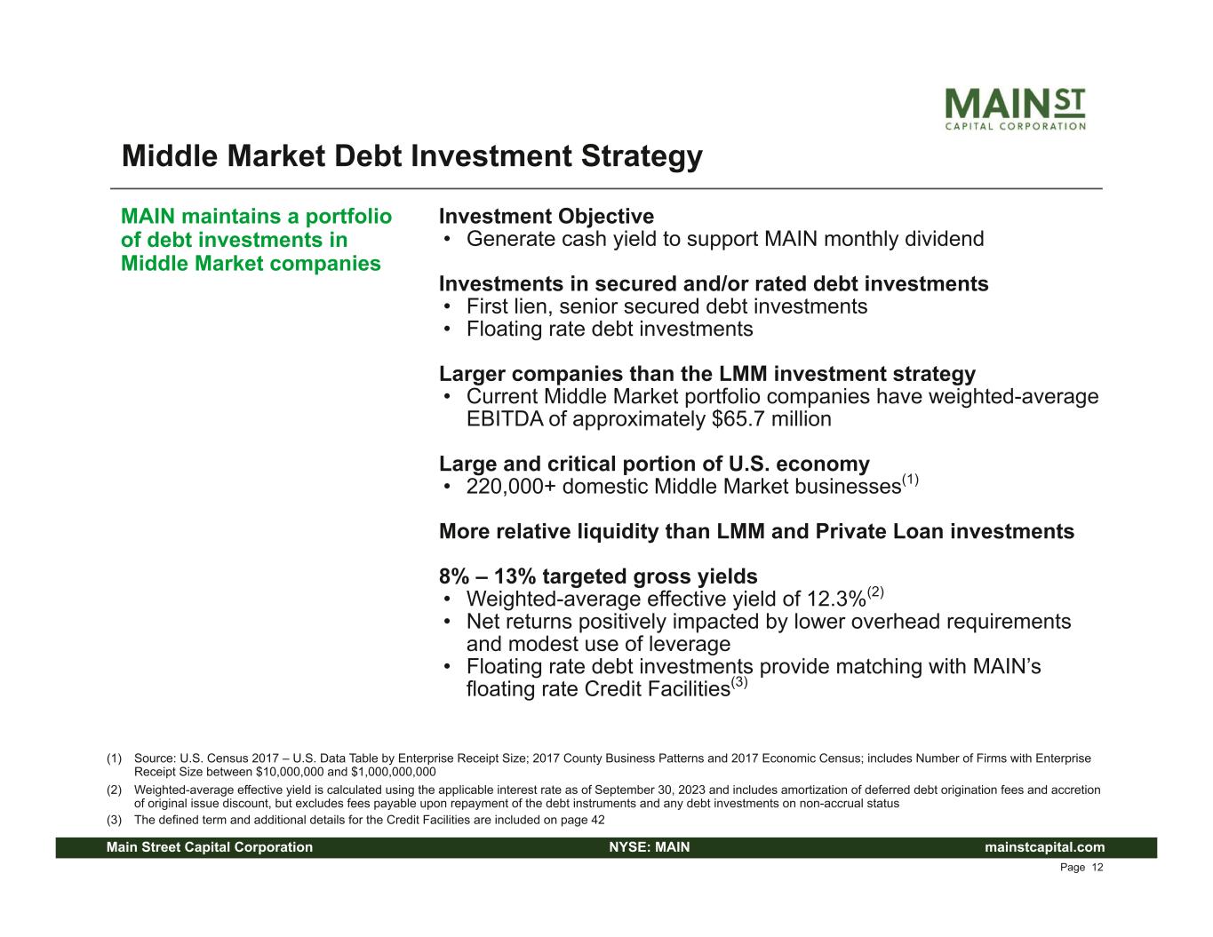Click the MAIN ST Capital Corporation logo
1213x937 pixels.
click(x=1015, y=109)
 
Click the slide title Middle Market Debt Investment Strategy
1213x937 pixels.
click(x=412, y=155)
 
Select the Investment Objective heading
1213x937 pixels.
click(x=546, y=216)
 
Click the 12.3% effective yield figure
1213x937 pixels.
click(x=836, y=599)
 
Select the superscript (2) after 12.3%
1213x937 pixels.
click(x=874, y=592)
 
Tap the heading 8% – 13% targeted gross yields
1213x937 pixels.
click(x=598, y=576)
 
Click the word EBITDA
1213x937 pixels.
click(x=504, y=419)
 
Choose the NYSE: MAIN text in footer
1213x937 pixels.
click(x=650, y=847)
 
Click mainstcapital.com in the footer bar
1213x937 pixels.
click(x=1044, y=847)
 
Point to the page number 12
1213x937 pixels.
click(x=1097, y=868)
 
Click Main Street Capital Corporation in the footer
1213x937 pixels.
click(x=210, y=847)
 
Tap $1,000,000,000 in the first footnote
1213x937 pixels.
click(x=394, y=772)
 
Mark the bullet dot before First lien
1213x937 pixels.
click(x=447, y=306)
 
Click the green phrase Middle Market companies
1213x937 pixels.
click(x=251, y=263)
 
